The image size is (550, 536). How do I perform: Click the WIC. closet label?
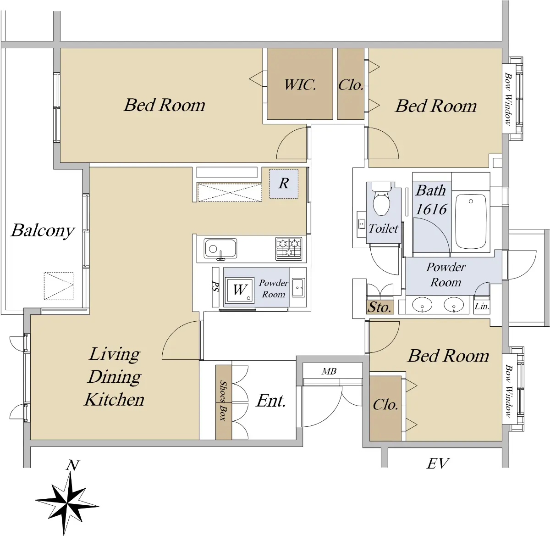click(x=300, y=84)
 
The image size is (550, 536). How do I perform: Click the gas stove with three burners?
click(x=289, y=249)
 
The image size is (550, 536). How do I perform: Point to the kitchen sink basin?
click(x=220, y=248)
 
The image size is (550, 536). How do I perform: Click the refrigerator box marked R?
click(x=283, y=184)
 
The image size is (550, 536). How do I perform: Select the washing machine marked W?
click(x=239, y=290)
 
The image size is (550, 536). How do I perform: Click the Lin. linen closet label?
click(x=482, y=307)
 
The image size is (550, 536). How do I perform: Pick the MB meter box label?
click(x=329, y=371)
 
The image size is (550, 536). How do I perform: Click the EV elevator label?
click(x=438, y=463)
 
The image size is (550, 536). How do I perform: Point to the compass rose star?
click(x=67, y=503)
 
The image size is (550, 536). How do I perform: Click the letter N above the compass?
click(x=72, y=465)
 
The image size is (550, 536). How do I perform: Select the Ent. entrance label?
click(x=271, y=401)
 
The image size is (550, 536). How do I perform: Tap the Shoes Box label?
click(x=224, y=401)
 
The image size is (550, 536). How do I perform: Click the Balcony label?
click(x=43, y=230)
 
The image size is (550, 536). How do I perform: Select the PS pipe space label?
click(x=215, y=286)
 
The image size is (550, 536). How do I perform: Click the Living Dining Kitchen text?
click(x=115, y=377)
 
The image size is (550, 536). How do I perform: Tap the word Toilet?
click(x=383, y=229)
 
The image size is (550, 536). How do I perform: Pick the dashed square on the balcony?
click(x=59, y=286)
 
